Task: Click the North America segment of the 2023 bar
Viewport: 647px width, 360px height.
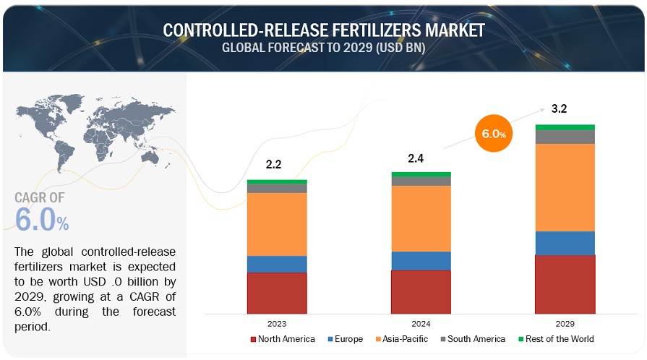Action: pyautogui.click(x=277, y=293)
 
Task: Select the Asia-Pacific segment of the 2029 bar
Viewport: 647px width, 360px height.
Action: pyautogui.click(x=565, y=187)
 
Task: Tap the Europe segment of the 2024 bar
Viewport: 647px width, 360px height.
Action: pyautogui.click(x=421, y=261)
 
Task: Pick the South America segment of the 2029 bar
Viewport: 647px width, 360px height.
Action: pyautogui.click(x=565, y=137)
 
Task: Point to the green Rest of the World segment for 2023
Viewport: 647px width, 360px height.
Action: pyautogui.click(x=277, y=181)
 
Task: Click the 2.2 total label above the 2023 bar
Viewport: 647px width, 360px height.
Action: pyautogui.click(x=273, y=165)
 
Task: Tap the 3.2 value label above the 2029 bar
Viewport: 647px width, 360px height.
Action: pyautogui.click(x=559, y=109)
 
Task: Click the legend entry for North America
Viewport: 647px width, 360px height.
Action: pyautogui.click(x=283, y=339)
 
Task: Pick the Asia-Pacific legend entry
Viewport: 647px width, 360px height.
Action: pyautogui.click(x=402, y=339)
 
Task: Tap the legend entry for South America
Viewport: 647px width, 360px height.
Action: pyautogui.click(x=475, y=339)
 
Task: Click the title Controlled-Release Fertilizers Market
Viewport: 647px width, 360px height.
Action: pyautogui.click(x=323, y=30)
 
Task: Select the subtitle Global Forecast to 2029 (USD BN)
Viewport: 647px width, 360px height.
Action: pyautogui.click(x=323, y=48)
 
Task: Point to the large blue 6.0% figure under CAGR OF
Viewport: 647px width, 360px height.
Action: pyautogui.click(x=41, y=220)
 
